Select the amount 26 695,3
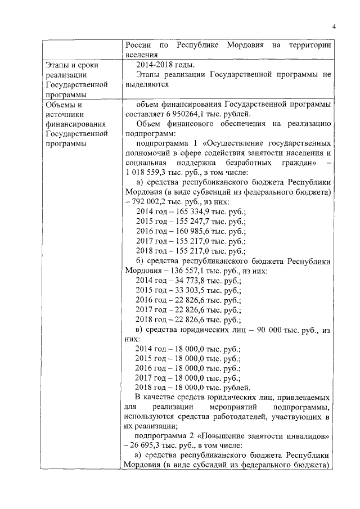click(x=150, y=445)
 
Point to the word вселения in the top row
click(x=141, y=55)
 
